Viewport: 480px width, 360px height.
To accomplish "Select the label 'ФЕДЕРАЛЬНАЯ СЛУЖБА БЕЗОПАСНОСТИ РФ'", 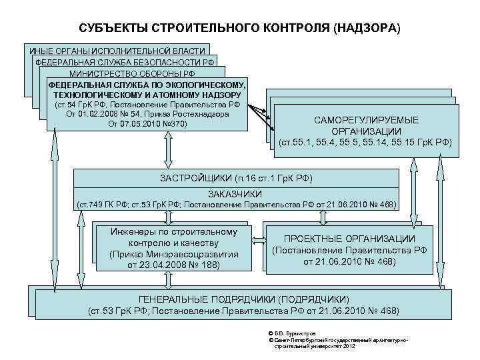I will pyautogui.click(x=125, y=62).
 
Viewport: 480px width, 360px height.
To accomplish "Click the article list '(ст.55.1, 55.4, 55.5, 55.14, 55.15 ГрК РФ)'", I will pyautogui.click(x=365, y=142).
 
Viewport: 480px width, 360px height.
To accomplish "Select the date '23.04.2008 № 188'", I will pyautogui.click(x=172, y=265).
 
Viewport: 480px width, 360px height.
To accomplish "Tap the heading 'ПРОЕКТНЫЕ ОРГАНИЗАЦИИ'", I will pyautogui.click(x=349, y=239).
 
